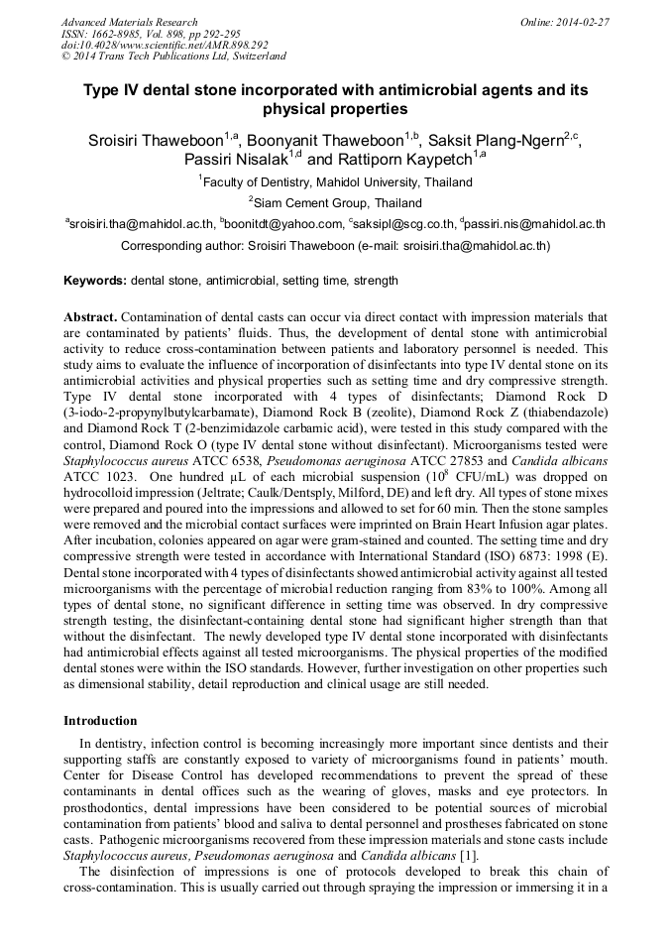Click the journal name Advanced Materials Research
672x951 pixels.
pyautogui.click(x=129, y=22)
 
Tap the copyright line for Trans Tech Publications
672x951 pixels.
pyautogui.click(x=173, y=58)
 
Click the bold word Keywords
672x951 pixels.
pyautogui.click(x=94, y=281)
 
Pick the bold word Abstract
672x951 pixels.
pyautogui.click(x=91, y=317)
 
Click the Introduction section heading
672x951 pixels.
pyautogui.click(x=100, y=720)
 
